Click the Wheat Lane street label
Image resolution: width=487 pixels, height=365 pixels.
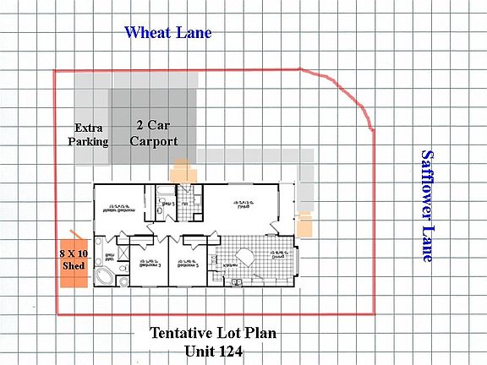167,33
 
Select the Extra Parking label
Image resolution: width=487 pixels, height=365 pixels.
89,134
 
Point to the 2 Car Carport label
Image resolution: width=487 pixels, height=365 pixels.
154,132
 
